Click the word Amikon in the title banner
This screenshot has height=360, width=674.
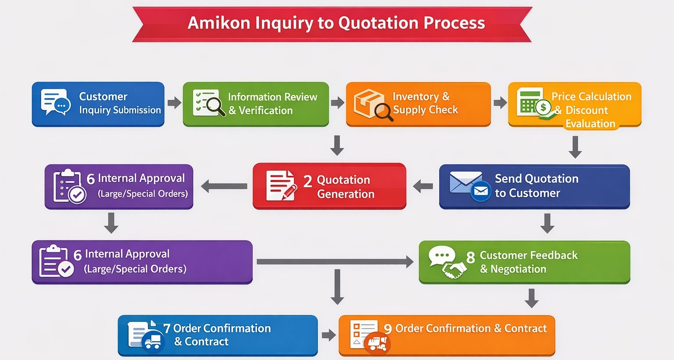(x=219, y=23)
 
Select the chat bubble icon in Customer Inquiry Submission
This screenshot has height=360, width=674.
(x=55, y=101)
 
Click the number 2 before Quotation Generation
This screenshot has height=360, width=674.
(x=308, y=181)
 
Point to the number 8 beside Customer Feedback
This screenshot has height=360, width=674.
(x=470, y=257)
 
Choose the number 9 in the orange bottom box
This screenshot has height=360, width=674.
(x=388, y=329)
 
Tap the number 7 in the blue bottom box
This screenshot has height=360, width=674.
(x=167, y=328)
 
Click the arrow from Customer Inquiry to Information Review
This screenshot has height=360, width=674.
(x=174, y=103)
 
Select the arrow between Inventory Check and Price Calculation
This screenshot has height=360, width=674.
(x=500, y=103)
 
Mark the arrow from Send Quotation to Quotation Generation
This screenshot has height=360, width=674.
(x=423, y=186)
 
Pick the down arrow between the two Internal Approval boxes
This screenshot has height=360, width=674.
(x=111, y=223)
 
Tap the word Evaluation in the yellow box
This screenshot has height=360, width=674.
(x=590, y=124)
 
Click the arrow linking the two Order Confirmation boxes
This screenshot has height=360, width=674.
(x=328, y=335)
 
